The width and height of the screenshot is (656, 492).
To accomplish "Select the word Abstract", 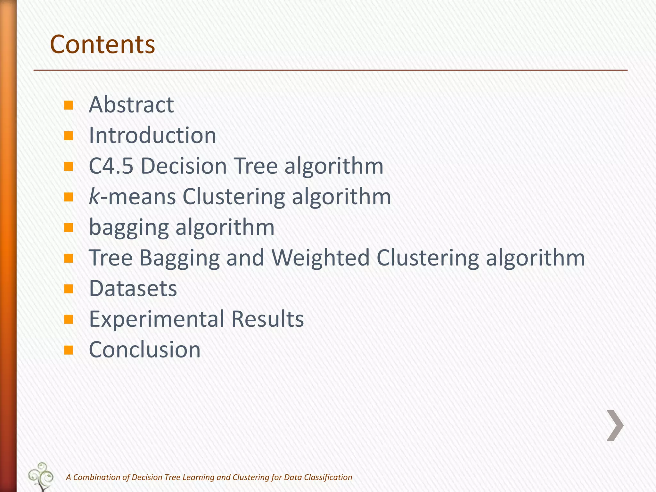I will coord(131,105).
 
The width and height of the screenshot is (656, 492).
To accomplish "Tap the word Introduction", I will coord(152,135).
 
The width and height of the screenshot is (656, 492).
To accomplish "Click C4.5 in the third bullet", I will coord(111,166).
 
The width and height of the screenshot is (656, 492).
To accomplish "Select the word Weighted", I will coord(321,258).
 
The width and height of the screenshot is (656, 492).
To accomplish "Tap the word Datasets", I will coord(133,288).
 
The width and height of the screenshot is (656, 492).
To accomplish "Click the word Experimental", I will coord(157,319).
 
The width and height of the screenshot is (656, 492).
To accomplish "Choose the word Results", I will coord(267,319).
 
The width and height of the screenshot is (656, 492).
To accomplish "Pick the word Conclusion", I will coord(144,349).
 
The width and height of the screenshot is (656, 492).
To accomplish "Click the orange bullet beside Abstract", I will coord(69,105).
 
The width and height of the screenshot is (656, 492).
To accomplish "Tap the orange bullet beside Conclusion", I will coord(69,350).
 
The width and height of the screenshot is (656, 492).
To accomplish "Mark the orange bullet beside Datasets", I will coord(69,289).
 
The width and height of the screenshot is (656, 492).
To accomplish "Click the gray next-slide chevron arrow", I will coord(615,425).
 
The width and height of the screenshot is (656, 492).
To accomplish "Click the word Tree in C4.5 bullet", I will coord(256,166).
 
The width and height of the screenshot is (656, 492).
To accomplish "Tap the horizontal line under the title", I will coord(330,70).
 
